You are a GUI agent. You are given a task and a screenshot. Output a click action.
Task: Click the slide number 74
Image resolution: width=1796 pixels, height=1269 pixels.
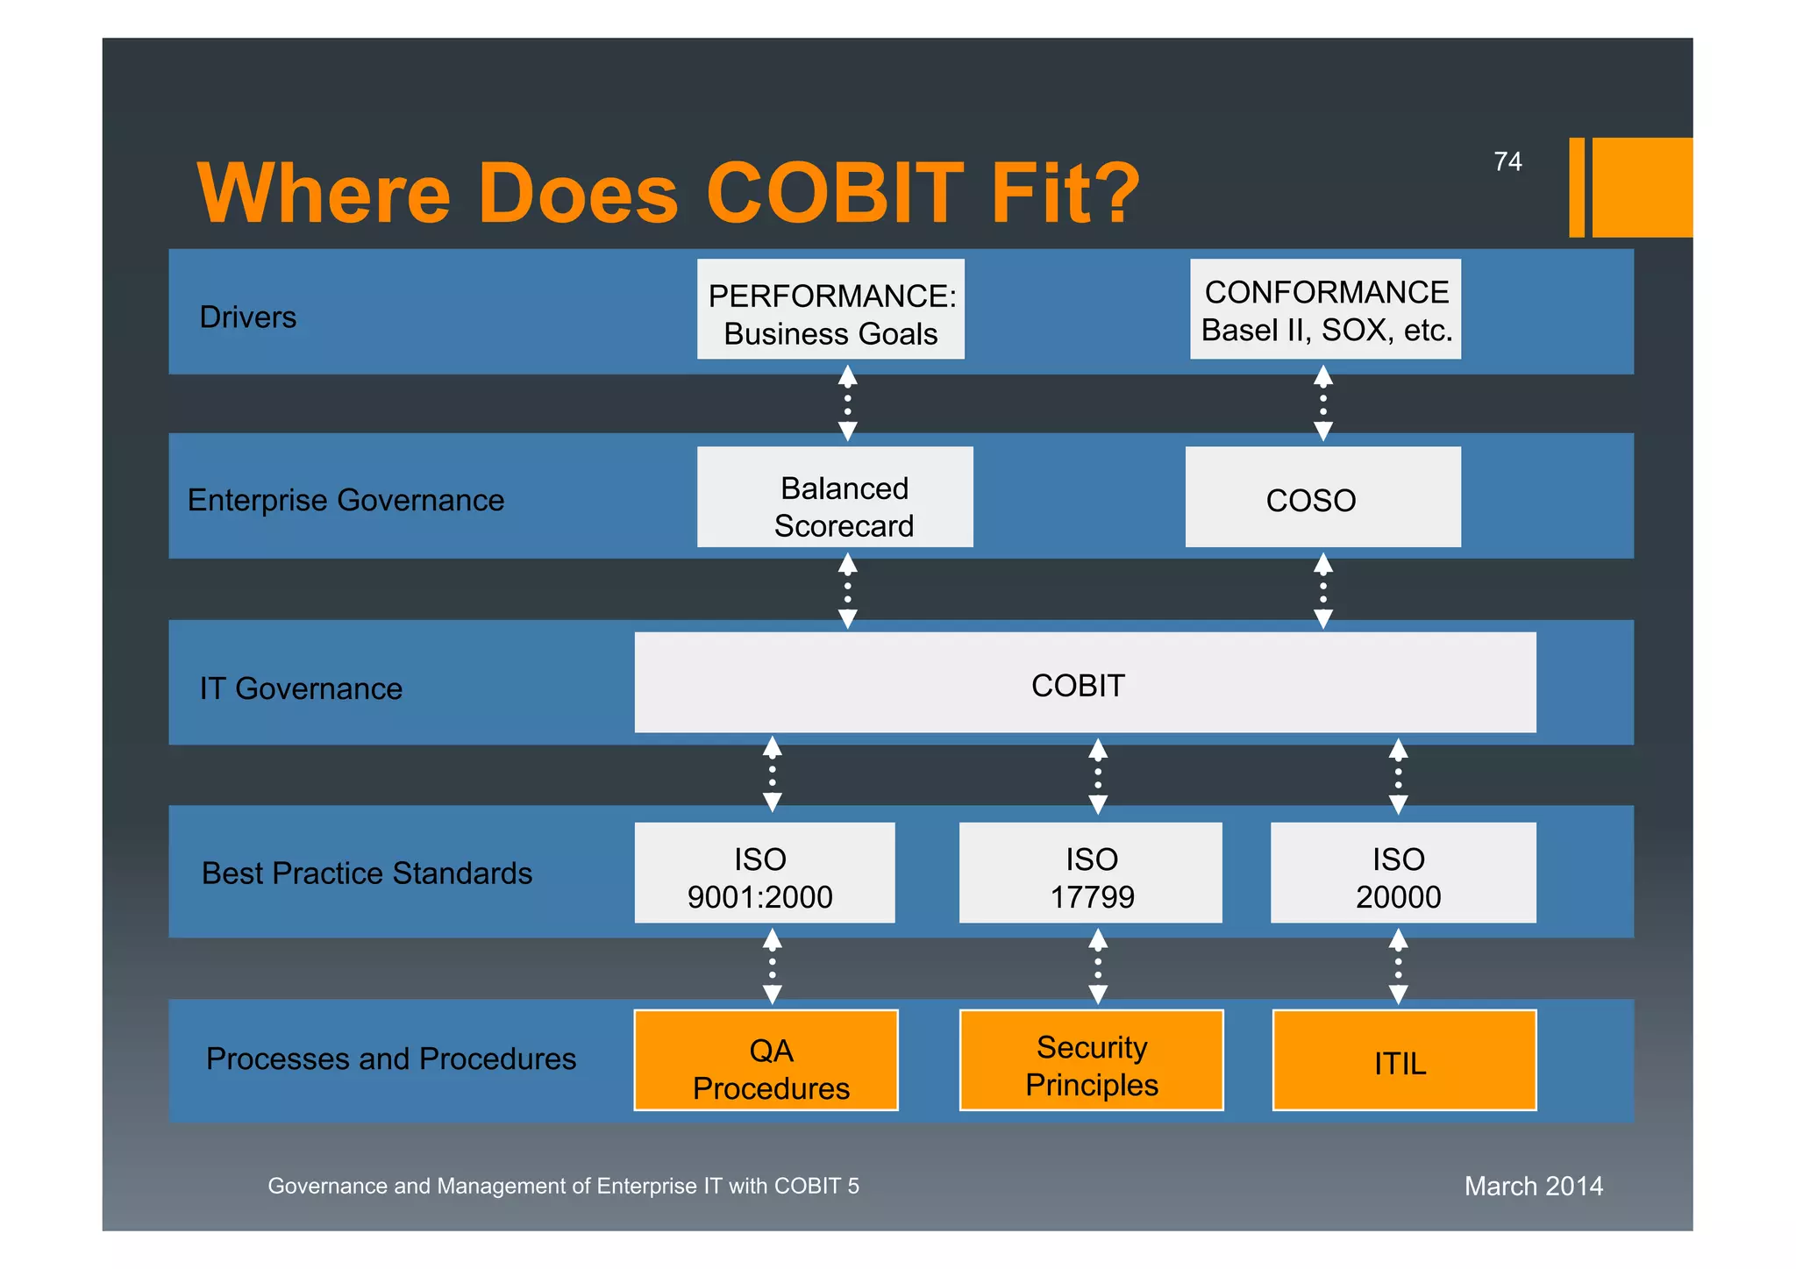[x=1507, y=162]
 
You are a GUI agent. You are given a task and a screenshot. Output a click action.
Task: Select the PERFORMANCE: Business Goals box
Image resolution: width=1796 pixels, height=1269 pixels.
[x=830, y=310]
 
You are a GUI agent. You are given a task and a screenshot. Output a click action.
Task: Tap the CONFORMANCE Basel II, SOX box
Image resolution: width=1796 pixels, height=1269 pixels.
[x=1325, y=310]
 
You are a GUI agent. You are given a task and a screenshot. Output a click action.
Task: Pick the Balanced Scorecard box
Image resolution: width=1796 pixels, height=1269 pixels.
[x=835, y=497]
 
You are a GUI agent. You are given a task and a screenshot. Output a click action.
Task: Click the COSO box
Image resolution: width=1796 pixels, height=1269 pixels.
[x=1322, y=497]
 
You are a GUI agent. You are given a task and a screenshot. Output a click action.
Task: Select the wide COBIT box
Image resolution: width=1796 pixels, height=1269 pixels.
[x=1085, y=683]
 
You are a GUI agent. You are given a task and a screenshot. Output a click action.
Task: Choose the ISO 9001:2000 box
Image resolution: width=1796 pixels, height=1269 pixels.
[x=764, y=873]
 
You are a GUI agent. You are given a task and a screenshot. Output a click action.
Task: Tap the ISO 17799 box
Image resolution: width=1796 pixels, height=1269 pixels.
[x=1090, y=873]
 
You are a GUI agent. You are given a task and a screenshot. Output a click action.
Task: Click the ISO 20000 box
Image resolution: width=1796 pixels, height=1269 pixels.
[x=1402, y=873]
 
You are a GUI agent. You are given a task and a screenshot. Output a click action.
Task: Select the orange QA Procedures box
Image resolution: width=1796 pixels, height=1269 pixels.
[x=766, y=1060]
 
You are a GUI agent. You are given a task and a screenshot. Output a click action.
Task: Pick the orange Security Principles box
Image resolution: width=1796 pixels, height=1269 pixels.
[x=1091, y=1060]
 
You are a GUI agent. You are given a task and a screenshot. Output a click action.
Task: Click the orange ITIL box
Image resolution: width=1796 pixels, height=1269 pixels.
[x=1404, y=1060]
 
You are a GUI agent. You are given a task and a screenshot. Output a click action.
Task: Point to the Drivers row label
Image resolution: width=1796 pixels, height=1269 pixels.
[x=248, y=317]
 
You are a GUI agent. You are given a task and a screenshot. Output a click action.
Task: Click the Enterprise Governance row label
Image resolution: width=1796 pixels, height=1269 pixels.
[x=346, y=501]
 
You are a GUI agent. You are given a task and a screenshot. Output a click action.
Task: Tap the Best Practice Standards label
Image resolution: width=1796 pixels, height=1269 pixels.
[x=367, y=873]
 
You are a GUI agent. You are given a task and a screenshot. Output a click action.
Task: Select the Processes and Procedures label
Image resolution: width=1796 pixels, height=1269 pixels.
[x=391, y=1059]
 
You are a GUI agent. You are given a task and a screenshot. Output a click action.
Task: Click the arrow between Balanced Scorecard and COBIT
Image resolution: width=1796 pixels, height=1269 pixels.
[x=847, y=590]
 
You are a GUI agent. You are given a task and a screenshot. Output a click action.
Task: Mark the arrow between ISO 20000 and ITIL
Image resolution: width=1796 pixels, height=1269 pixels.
[x=1399, y=967]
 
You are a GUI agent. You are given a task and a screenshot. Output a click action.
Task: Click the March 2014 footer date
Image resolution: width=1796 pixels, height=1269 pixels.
[x=1533, y=1187]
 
